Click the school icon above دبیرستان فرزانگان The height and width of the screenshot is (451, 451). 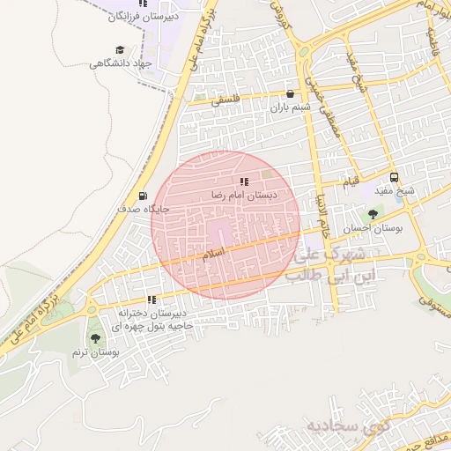coord(143,4)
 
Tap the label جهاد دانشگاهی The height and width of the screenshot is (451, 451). coord(121,63)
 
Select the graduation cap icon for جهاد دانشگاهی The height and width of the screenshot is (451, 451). coord(120,50)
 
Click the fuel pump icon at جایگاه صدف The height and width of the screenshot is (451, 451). coord(144,196)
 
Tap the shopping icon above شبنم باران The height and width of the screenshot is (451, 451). coord(291,93)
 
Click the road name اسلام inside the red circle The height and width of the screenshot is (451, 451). coord(214,253)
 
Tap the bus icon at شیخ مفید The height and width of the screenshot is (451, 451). coord(393,176)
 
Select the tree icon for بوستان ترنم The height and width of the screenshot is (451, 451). coord(95,338)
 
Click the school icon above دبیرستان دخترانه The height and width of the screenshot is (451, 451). coord(152,299)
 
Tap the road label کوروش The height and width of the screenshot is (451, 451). coord(281,13)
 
